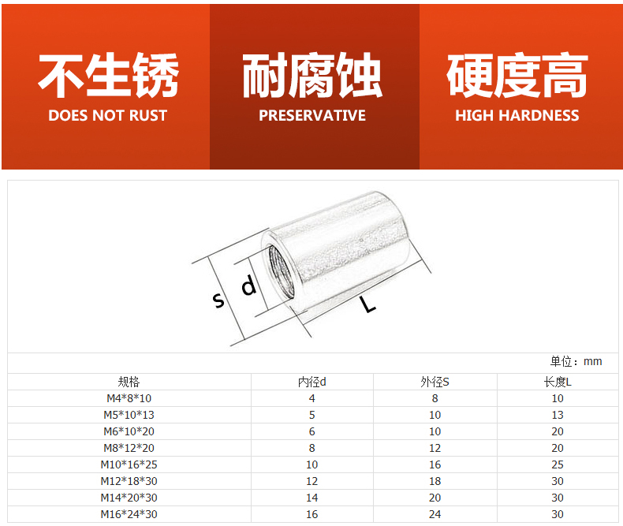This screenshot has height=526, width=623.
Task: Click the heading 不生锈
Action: coord(108,76)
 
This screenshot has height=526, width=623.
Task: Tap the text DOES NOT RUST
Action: coord(108,115)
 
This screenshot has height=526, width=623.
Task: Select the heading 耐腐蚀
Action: coord(312,76)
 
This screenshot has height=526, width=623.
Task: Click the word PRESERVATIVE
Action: coord(312,115)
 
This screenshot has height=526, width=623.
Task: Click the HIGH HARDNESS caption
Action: coord(517,115)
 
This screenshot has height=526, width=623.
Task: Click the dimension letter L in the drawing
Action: coord(369,303)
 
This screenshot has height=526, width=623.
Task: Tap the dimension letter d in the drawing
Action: coord(248,285)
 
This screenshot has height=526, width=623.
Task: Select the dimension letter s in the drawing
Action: coord(218,300)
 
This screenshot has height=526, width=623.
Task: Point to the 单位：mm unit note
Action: coord(576,361)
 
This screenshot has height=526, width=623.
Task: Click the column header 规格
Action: coord(129,382)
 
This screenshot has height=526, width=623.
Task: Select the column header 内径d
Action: coord(311,382)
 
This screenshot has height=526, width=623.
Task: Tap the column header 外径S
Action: coord(435,382)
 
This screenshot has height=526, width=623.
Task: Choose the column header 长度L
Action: coord(558,382)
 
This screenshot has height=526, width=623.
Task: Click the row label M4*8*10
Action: coord(129,398)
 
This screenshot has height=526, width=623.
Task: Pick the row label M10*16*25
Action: coord(129,464)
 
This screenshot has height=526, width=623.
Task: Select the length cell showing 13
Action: coord(558,415)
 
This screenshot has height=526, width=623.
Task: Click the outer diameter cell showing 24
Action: coord(435,514)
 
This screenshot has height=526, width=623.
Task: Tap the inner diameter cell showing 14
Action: coord(311,498)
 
